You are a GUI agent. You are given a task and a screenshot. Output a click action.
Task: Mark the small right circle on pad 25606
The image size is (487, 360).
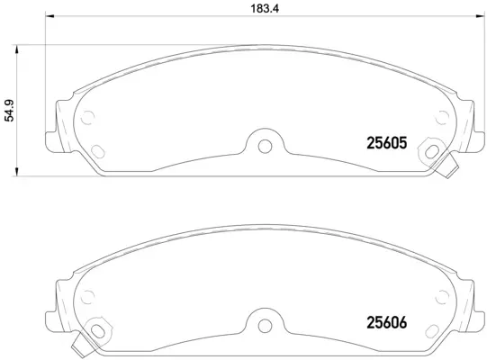click(x=439, y=292)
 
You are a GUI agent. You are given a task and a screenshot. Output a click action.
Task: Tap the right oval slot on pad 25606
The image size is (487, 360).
click(x=435, y=325)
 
